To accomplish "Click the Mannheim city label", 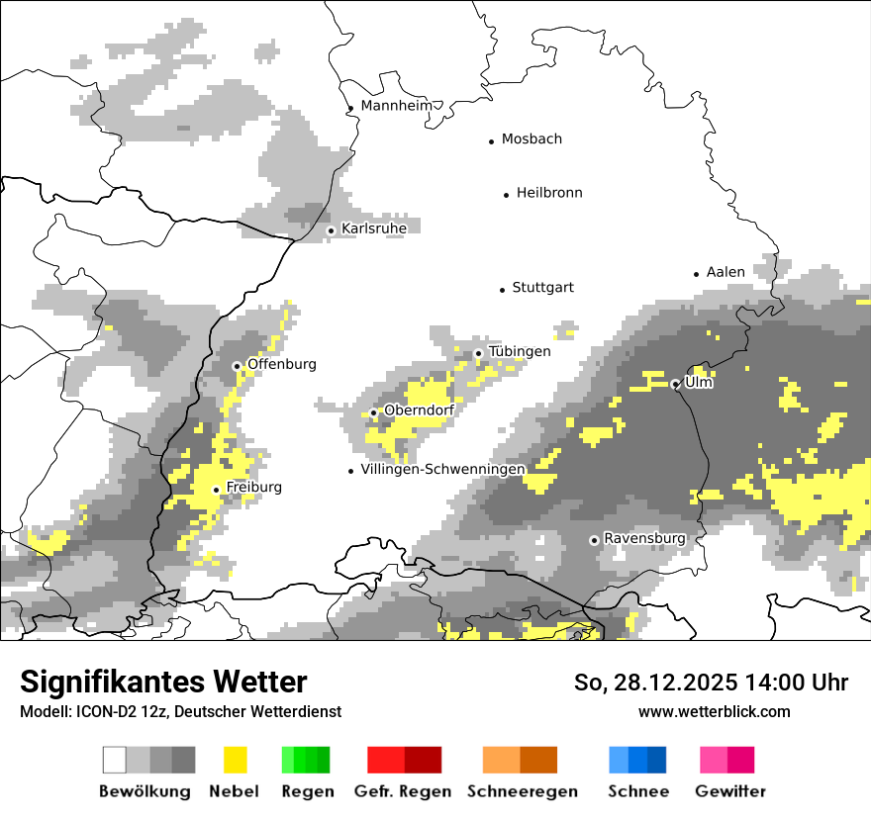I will point(397,106).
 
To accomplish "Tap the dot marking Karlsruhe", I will point(332,230).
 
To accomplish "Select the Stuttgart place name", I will point(542,288).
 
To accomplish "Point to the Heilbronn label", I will point(549,193).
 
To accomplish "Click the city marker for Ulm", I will point(676,384).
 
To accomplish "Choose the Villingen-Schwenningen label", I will point(442,469).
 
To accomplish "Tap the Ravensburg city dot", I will point(594,540).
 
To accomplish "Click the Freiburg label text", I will point(253,488).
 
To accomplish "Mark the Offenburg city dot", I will point(237,366).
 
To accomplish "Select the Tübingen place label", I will point(520,352).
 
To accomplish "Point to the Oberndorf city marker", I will point(374,412).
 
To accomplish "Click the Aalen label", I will point(726,272).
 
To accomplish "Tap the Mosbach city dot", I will point(491,141).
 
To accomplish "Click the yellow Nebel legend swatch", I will point(236,760).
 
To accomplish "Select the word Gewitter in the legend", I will point(730,791).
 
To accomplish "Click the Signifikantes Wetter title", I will point(163,683).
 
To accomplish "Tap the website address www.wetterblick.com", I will point(714,711).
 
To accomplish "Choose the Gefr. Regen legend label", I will point(403,791).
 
